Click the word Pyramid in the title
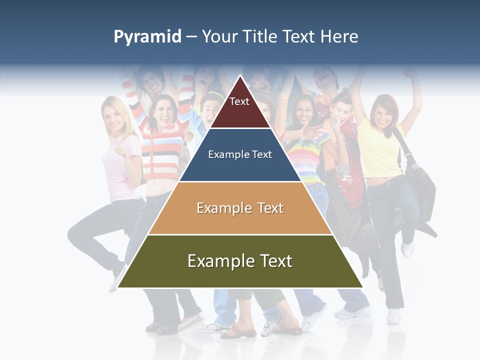(x=147, y=37)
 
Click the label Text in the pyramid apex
(x=239, y=101)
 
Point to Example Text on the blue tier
(x=240, y=154)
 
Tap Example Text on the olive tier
(x=240, y=261)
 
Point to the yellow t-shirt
(x=380, y=150)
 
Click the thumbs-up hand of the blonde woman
(x=119, y=147)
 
